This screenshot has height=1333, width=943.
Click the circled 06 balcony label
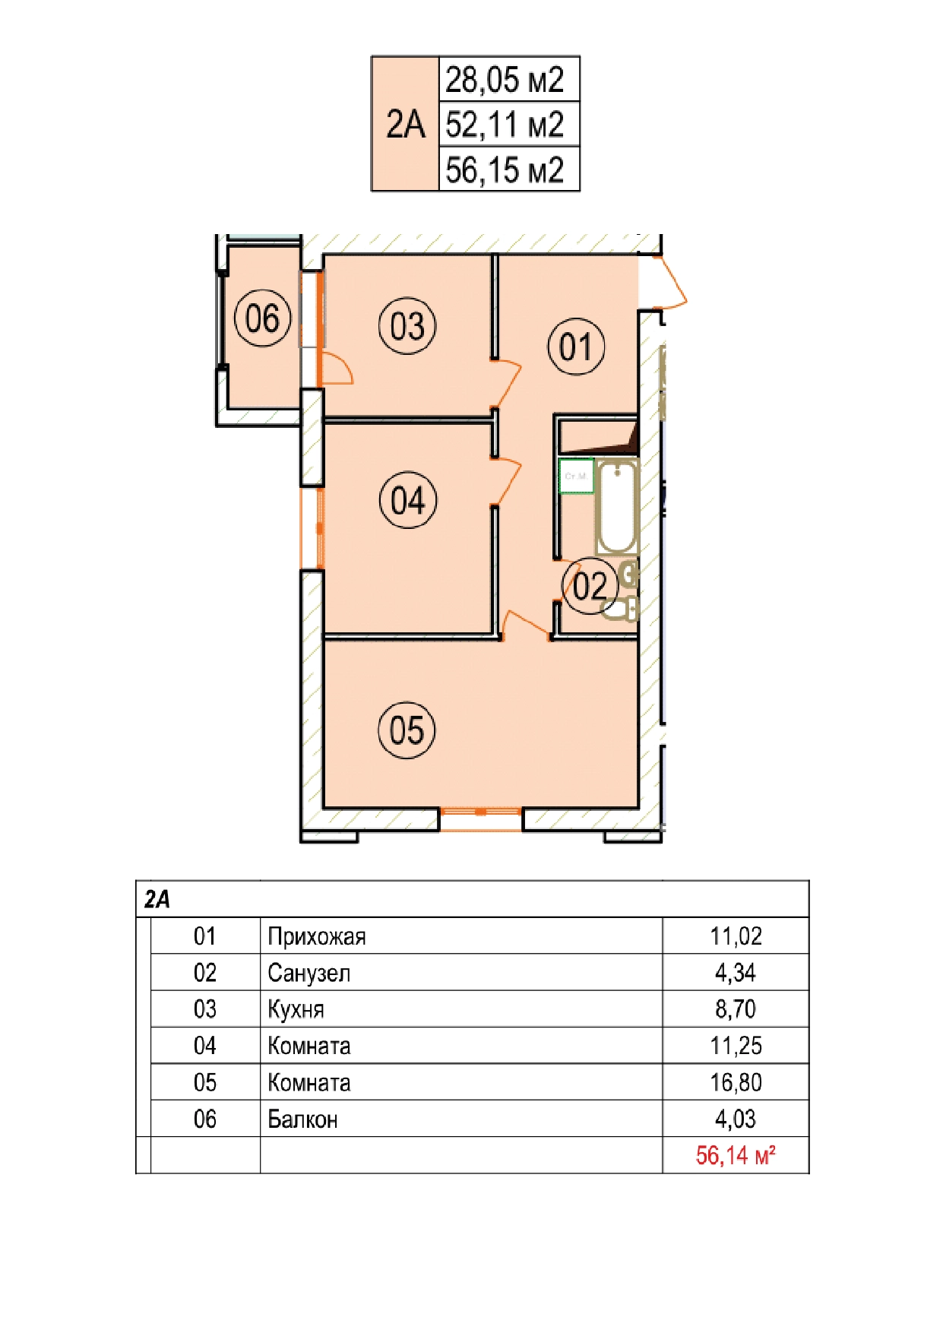pyautogui.click(x=263, y=318)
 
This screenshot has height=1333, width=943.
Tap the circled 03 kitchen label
pyautogui.click(x=407, y=326)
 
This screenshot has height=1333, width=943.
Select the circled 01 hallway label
pyautogui.click(x=576, y=347)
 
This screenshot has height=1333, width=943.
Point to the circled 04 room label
pyautogui.click(x=408, y=500)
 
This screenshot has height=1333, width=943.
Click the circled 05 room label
pyautogui.click(x=407, y=730)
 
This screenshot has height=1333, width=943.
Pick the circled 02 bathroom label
pyautogui.click(x=590, y=586)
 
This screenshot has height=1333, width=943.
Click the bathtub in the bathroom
pyautogui.click(x=615, y=507)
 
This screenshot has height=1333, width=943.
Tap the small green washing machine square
pyautogui.click(x=576, y=476)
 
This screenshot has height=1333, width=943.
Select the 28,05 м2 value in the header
pyautogui.click(x=505, y=80)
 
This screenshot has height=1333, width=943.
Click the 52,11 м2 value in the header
pyautogui.click(x=505, y=125)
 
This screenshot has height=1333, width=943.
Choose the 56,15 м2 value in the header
pyautogui.click(x=505, y=169)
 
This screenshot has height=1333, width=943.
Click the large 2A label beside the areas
pyautogui.click(x=405, y=124)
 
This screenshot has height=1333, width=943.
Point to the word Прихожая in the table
pyautogui.click(x=317, y=936)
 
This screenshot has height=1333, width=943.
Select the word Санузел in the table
pyautogui.click(x=309, y=973)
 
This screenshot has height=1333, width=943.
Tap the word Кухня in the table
pyautogui.click(x=296, y=1009)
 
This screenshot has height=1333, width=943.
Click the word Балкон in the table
pyautogui.click(x=302, y=1119)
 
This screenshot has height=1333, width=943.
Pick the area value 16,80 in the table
pyautogui.click(x=736, y=1082)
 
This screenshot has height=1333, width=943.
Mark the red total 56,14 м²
pyautogui.click(x=736, y=1155)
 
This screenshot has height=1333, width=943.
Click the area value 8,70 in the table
pyautogui.click(x=736, y=1009)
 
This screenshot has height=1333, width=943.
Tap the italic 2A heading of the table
pyautogui.click(x=157, y=900)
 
